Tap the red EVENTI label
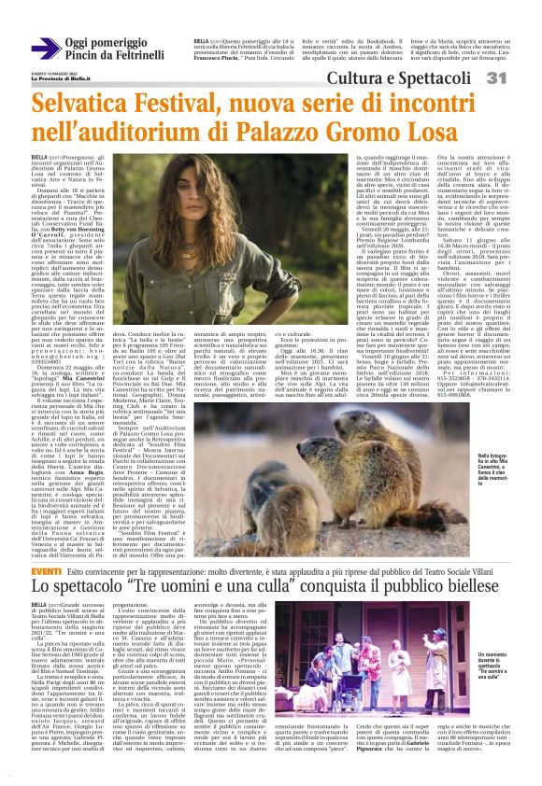coord(47,570)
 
